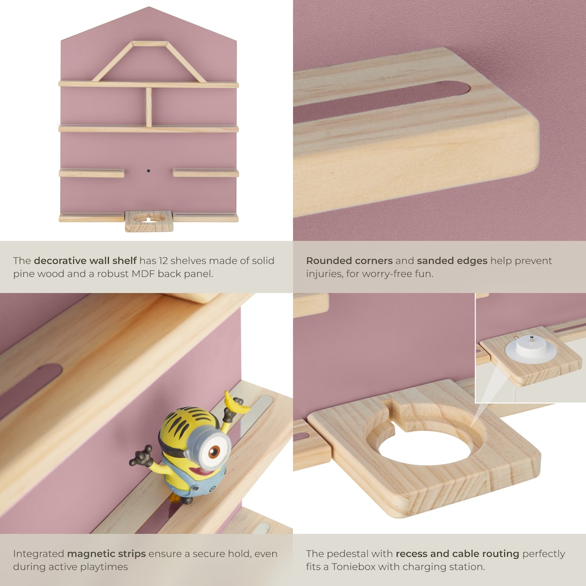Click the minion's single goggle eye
tap(213, 452)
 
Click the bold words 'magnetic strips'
tap(106, 554)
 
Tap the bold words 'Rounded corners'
tap(349, 261)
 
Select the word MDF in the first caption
tap(143, 273)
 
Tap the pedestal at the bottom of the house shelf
tap(148, 221)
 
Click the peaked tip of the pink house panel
tap(148, 9)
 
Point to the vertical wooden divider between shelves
tap(148, 107)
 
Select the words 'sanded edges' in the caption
tap(452, 261)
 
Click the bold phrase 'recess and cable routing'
tap(457, 554)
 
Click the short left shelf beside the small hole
tap(92, 173)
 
